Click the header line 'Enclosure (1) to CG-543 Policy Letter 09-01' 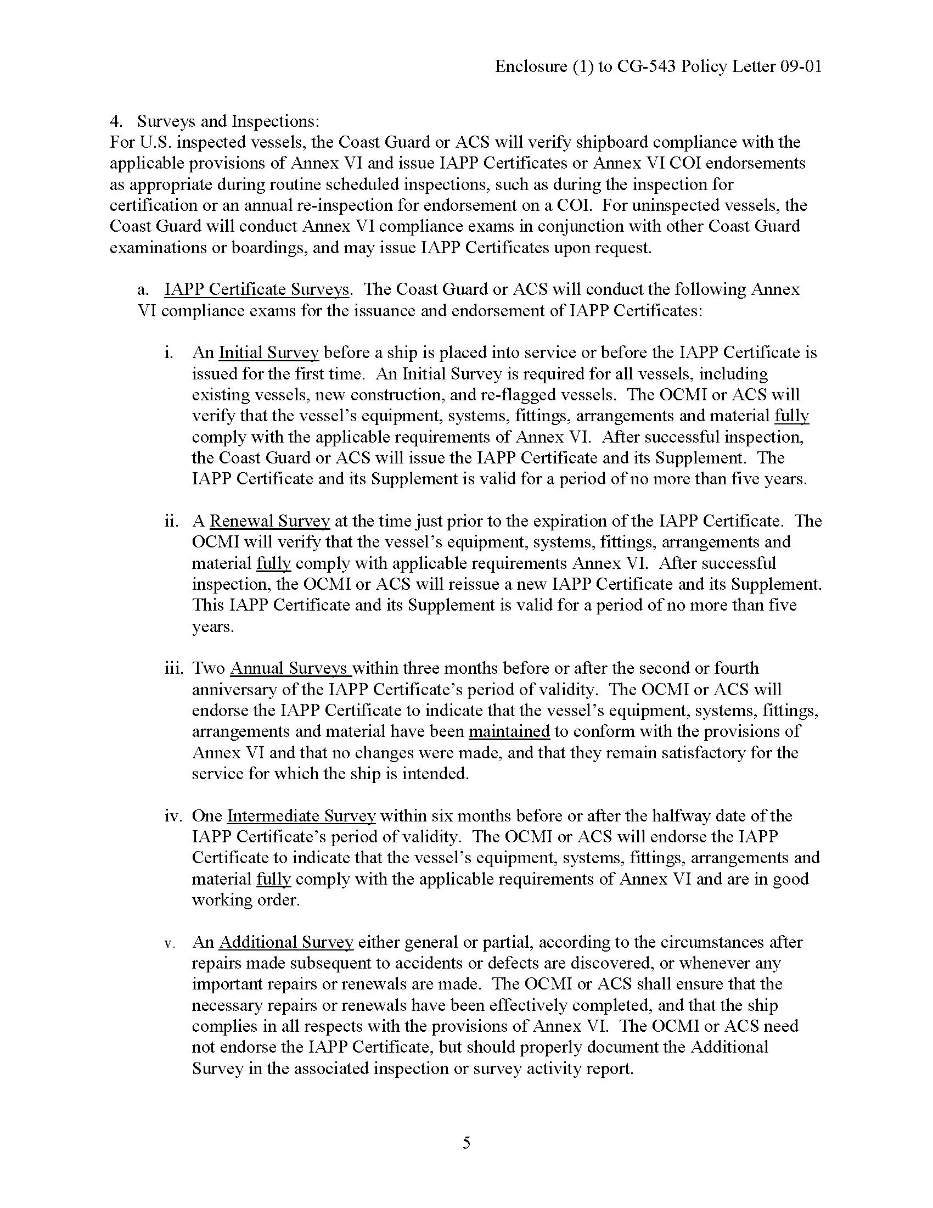pyautogui.click(x=657, y=66)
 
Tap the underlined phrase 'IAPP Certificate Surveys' pyautogui.click(x=256, y=289)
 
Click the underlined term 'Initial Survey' pyautogui.click(x=268, y=353)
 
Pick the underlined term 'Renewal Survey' pyautogui.click(x=269, y=521)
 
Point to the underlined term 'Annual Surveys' pyautogui.click(x=290, y=668)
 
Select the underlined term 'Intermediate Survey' pyautogui.click(x=301, y=816)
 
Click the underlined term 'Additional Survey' pyautogui.click(x=286, y=942)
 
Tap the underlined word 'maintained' pyautogui.click(x=509, y=731)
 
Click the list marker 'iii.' pyautogui.click(x=173, y=668)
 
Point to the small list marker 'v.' pyautogui.click(x=169, y=943)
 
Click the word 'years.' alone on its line pyautogui.click(x=213, y=627)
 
